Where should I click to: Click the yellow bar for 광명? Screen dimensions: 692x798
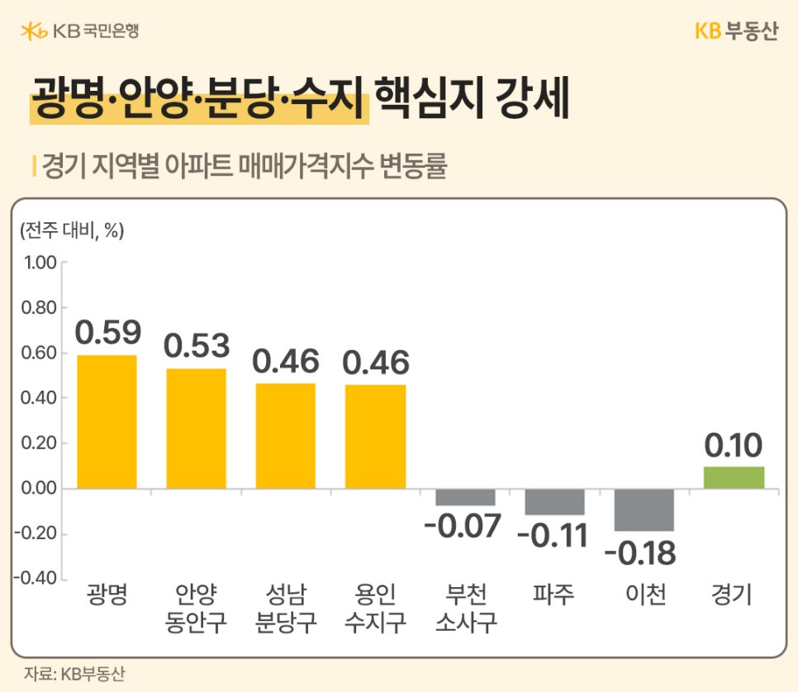[x=107, y=421]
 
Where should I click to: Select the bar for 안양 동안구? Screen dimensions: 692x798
[x=196, y=428]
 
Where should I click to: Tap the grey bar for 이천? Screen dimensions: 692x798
[x=644, y=510]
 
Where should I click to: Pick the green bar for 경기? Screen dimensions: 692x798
[x=734, y=477]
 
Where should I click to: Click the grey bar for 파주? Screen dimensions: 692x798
[x=554, y=502]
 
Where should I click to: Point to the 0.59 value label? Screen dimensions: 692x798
[x=108, y=332]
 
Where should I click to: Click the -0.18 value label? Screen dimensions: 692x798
[x=640, y=553]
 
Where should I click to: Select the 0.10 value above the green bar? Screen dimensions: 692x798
[x=733, y=446]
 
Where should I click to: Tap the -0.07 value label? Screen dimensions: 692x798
[x=463, y=525]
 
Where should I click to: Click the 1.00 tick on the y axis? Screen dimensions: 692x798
[x=37, y=263]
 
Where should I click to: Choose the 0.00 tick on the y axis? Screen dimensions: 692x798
[x=37, y=489]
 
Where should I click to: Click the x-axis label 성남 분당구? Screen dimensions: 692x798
[x=286, y=609]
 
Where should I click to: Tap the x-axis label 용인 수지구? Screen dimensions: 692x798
[x=375, y=609]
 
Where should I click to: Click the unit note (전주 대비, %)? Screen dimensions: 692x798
[x=71, y=231]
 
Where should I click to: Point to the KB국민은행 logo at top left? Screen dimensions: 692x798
[x=79, y=31]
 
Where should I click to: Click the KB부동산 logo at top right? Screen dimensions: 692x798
[x=736, y=31]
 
